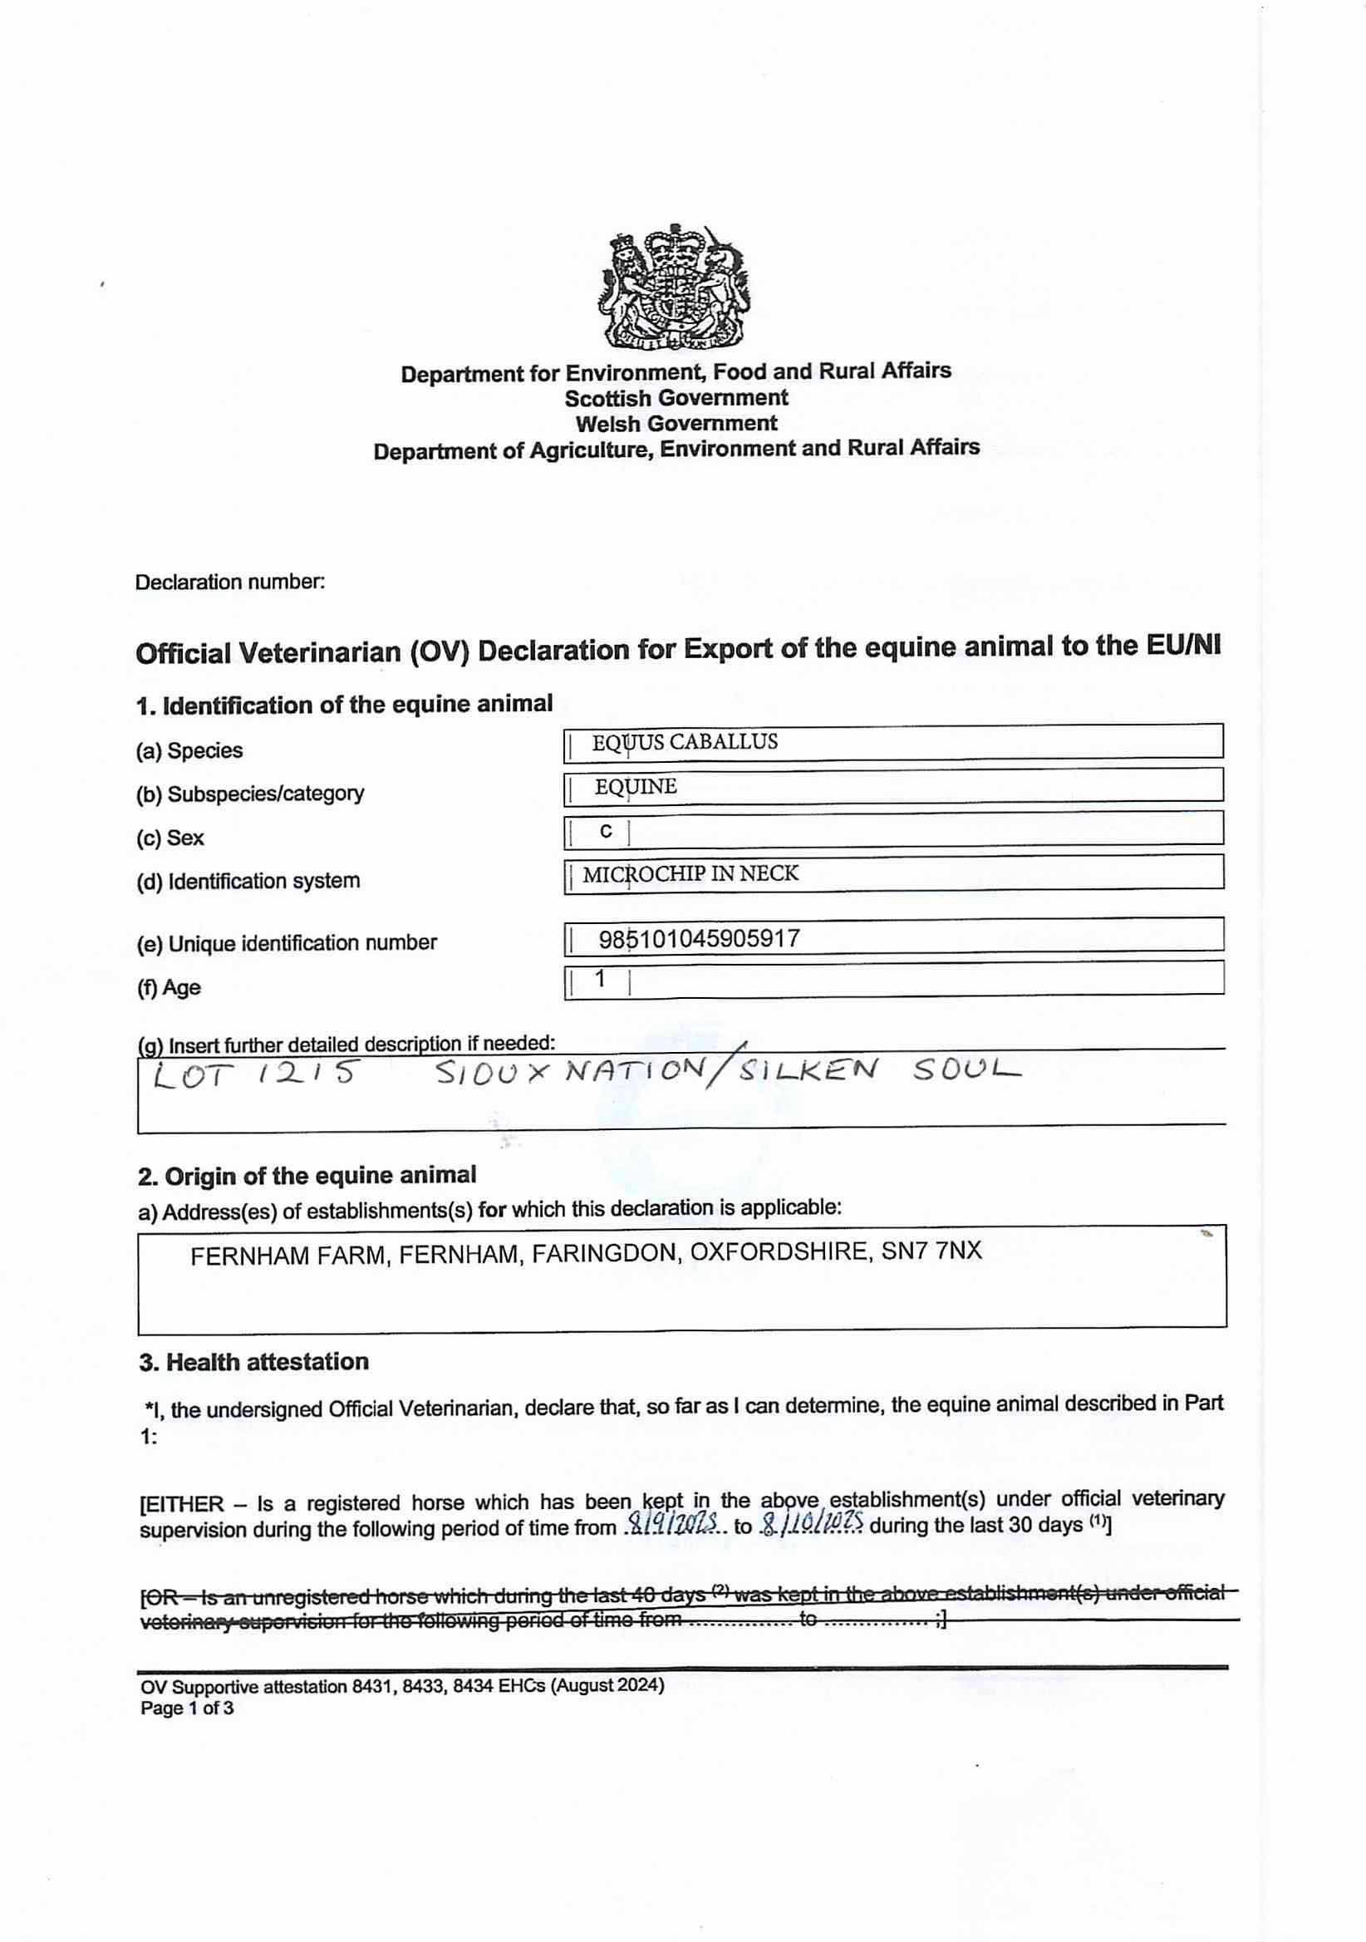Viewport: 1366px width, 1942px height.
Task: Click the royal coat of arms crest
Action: click(676, 288)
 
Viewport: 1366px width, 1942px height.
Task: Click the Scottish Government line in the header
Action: click(676, 397)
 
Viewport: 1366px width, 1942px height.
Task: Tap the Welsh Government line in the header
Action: click(676, 423)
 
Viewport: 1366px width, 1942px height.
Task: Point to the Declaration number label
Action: click(229, 582)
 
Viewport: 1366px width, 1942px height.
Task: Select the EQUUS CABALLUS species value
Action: click(685, 742)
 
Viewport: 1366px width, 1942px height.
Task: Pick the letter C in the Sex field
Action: click(606, 832)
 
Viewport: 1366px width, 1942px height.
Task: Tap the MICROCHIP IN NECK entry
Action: click(690, 873)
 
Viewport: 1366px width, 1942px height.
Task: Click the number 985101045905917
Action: click(699, 938)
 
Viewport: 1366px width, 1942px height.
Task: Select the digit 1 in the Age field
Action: click(601, 979)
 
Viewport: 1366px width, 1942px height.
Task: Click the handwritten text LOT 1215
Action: click(253, 1074)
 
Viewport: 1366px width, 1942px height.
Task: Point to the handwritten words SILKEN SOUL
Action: click(880, 1070)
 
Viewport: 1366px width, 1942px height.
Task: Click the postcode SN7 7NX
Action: click(931, 1250)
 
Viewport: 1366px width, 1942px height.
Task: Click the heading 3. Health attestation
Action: click(253, 1362)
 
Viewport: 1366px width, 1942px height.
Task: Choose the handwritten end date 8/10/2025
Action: click(811, 1523)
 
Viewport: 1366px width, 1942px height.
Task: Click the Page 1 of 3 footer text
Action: click(187, 1708)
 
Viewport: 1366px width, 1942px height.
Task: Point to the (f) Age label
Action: click(169, 987)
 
